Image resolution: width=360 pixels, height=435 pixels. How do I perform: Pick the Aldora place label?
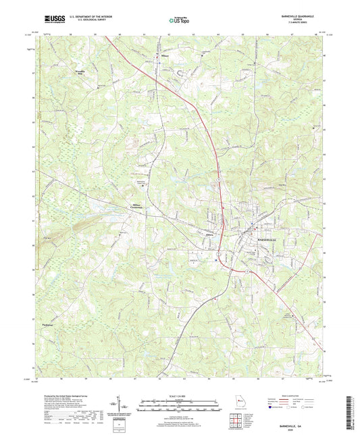pyautogui.click(x=209, y=234)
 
